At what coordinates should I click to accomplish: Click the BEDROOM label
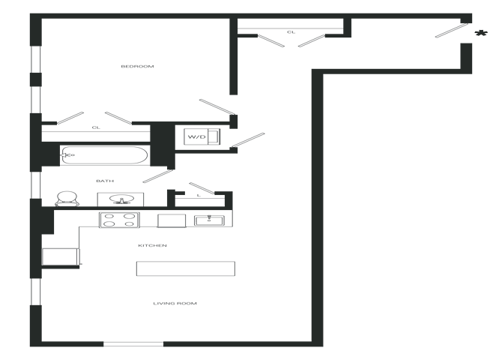click(137, 66)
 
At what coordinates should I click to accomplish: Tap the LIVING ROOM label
click(175, 303)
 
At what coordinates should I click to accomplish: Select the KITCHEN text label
click(152, 245)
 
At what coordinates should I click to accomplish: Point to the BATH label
click(105, 181)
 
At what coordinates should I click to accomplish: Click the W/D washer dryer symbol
click(202, 137)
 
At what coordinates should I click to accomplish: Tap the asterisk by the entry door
click(481, 34)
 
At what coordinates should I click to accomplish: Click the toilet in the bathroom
click(67, 199)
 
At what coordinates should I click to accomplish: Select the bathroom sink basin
click(121, 199)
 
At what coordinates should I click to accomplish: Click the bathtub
click(105, 155)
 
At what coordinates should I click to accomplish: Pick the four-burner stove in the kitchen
click(119, 220)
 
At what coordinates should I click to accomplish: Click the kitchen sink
click(209, 220)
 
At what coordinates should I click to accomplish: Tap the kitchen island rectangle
click(186, 268)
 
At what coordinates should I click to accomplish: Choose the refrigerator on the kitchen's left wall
click(61, 256)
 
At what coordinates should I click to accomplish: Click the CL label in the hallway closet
click(291, 32)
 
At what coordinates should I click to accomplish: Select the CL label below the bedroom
click(96, 127)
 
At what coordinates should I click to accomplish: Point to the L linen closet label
click(199, 195)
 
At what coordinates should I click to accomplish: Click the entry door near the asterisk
click(451, 31)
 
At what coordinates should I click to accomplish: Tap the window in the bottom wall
click(133, 344)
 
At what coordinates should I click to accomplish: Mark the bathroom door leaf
click(158, 176)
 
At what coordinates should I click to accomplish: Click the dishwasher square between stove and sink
click(172, 220)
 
